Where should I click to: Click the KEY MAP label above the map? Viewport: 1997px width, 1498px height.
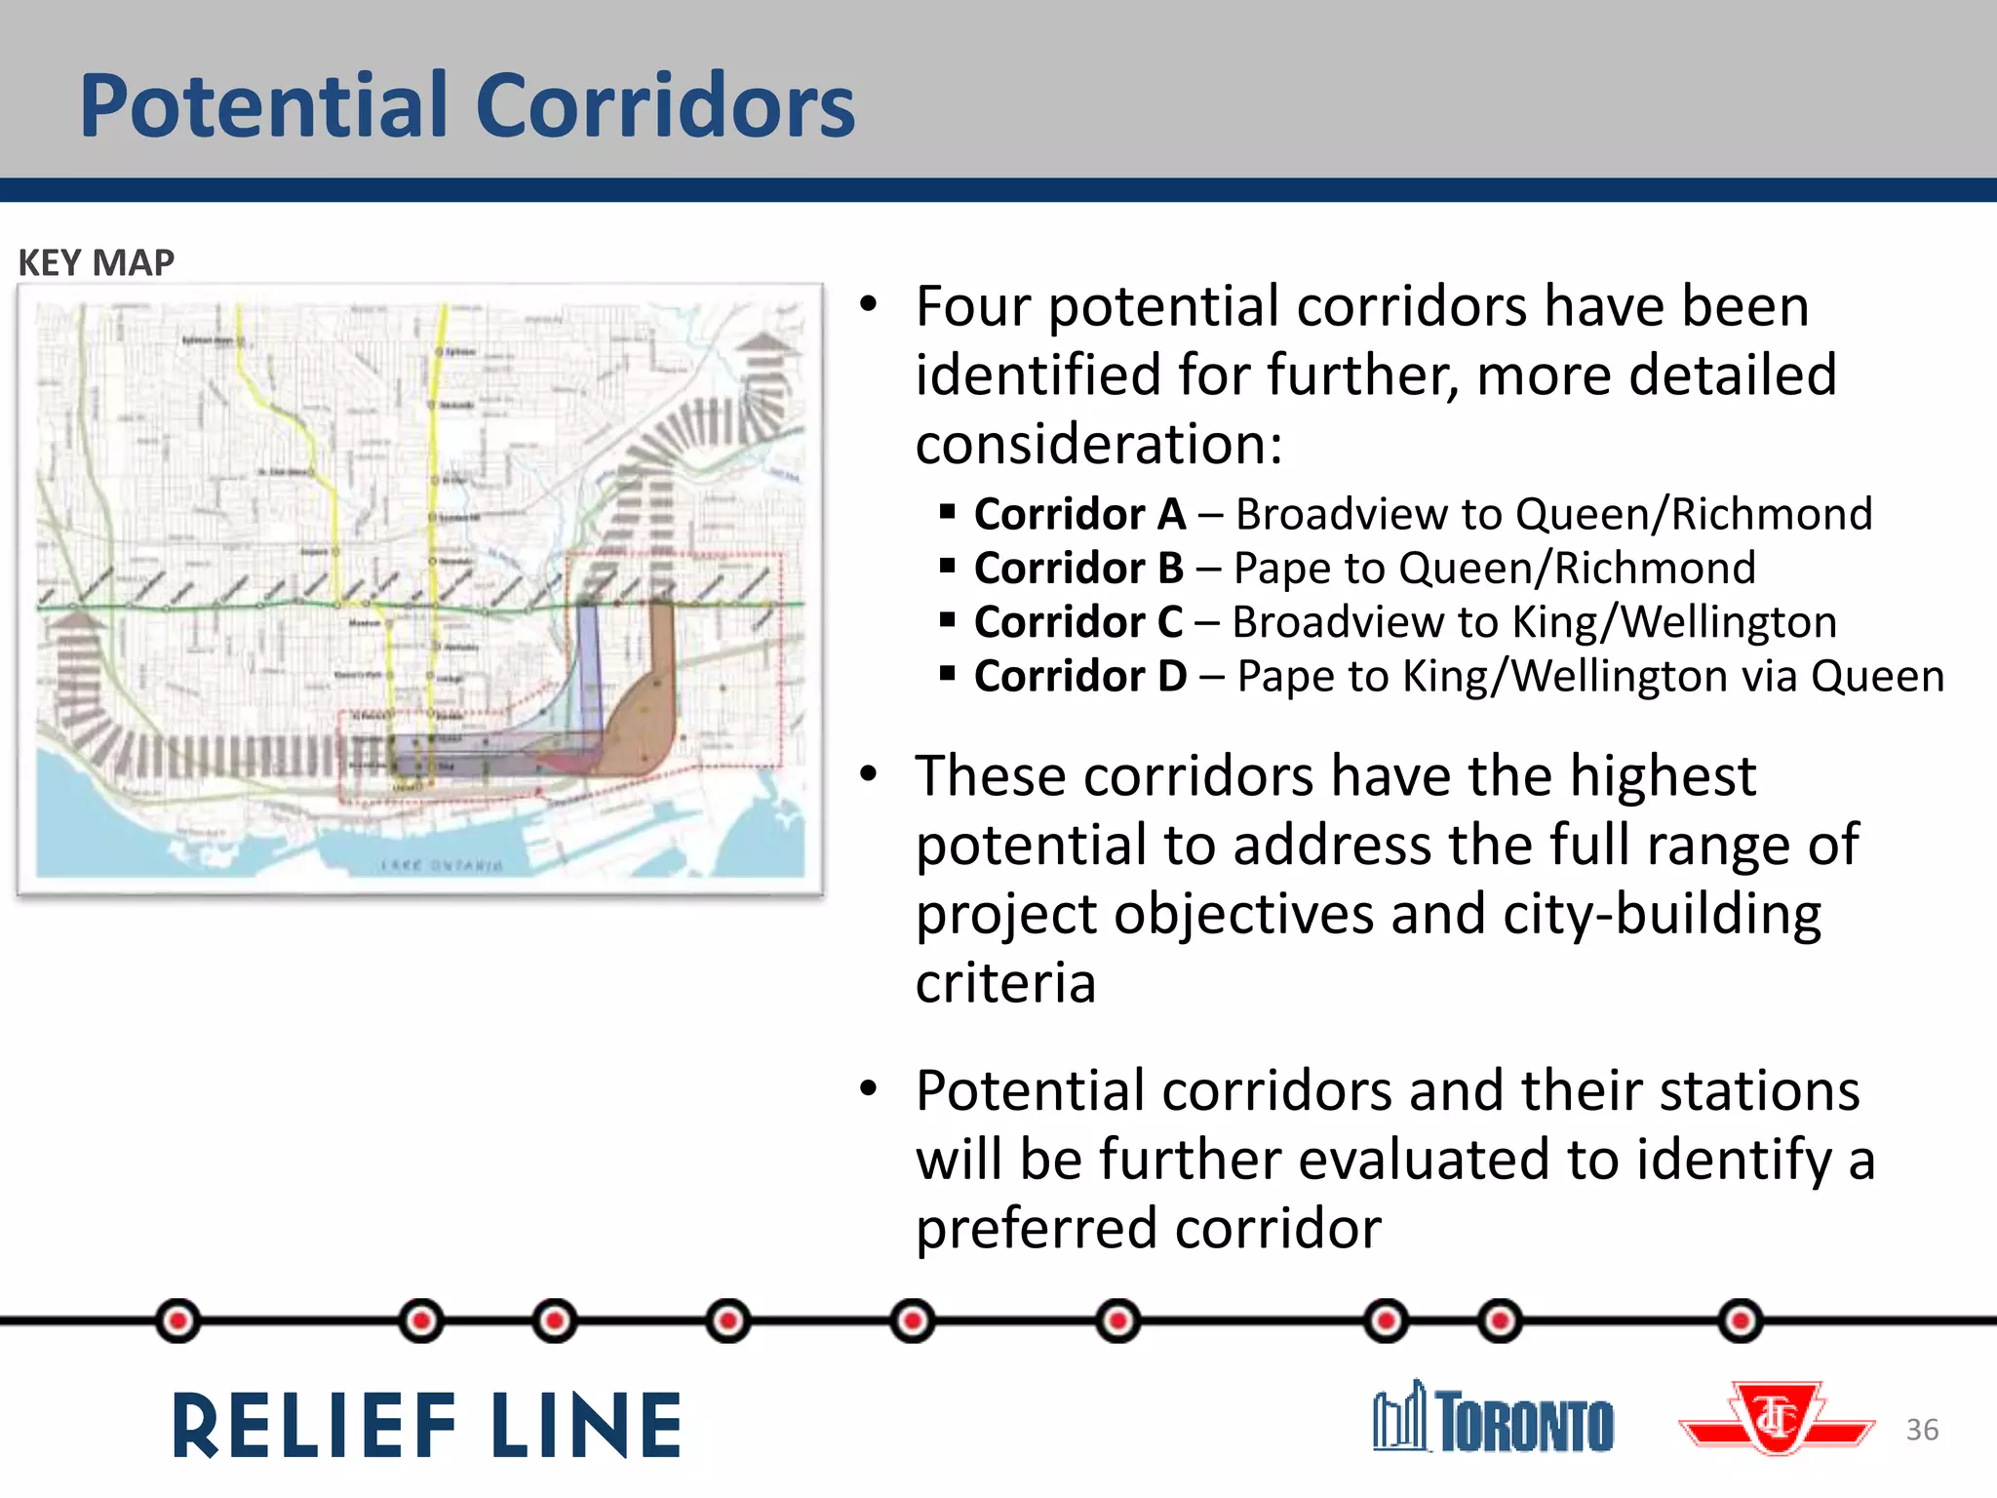click(96, 262)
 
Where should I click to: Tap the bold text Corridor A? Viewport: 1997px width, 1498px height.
click(1079, 514)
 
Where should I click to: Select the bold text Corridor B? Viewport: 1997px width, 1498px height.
click(1078, 568)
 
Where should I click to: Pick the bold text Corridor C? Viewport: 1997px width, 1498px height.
click(1077, 621)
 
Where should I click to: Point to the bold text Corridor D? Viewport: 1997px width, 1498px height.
click(1079, 676)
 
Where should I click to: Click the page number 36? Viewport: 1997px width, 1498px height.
click(1922, 1430)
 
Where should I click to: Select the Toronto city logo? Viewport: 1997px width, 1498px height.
click(1493, 1419)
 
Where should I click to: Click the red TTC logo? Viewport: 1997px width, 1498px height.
click(1777, 1419)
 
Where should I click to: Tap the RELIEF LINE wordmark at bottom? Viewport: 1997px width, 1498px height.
click(427, 1426)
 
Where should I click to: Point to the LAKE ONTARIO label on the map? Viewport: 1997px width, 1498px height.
click(442, 865)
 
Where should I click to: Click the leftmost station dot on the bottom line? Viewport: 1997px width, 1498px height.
click(178, 1321)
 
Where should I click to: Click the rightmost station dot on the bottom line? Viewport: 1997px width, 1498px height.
click(1741, 1321)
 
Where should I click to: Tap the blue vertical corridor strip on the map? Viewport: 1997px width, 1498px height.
click(588, 663)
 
